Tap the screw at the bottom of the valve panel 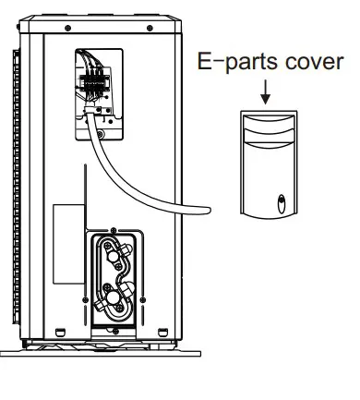tap(113, 325)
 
